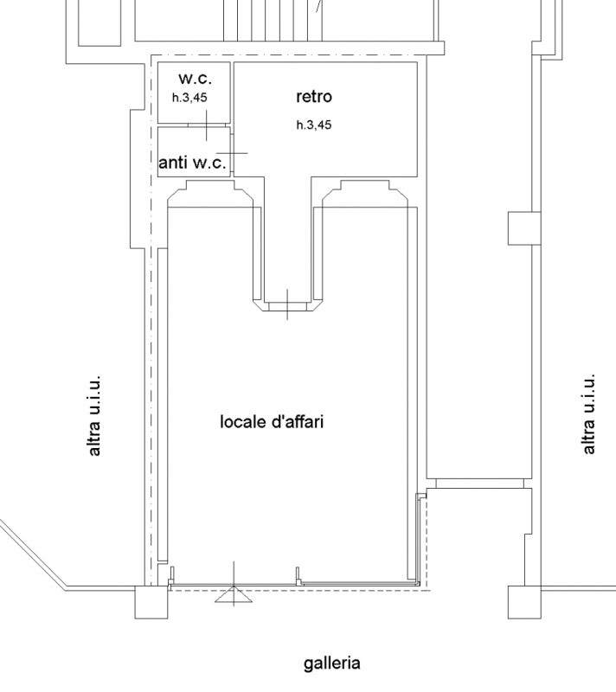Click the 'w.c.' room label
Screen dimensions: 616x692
(x=195, y=79)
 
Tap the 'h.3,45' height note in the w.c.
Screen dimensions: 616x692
(x=189, y=98)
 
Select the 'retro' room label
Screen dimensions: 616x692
(x=314, y=96)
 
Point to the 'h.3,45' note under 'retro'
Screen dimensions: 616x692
(x=314, y=125)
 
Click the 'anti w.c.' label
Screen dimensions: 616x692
(x=192, y=163)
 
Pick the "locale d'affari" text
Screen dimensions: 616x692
(x=272, y=421)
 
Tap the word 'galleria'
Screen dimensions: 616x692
(x=332, y=663)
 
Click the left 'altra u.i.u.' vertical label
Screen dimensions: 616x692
(x=94, y=416)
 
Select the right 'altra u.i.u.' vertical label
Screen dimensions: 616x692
(x=588, y=414)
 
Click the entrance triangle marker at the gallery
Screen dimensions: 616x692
(x=234, y=594)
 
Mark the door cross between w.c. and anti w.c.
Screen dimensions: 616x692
(x=206, y=125)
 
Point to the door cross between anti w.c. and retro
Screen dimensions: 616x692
(x=232, y=153)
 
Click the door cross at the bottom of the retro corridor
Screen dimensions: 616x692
(x=288, y=304)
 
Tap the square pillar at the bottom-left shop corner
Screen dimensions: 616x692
(x=151, y=602)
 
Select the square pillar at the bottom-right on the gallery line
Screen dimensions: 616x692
(x=524, y=602)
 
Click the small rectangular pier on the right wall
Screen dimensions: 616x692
(x=524, y=228)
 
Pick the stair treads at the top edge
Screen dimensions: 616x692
(x=273, y=20)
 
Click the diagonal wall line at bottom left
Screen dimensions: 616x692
(x=33, y=554)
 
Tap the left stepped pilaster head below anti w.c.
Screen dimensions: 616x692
(x=210, y=193)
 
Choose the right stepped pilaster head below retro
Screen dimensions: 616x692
(x=365, y=193)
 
